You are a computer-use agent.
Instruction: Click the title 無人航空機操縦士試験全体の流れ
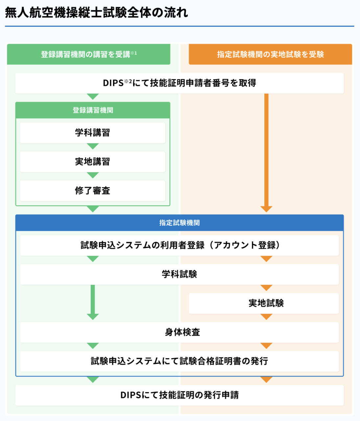96,12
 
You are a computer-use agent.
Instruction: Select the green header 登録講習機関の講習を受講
88,54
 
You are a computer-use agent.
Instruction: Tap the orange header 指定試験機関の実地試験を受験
270,54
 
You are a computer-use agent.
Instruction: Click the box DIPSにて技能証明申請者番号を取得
180,83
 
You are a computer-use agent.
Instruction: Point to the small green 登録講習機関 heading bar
93,110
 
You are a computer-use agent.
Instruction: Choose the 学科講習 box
93,133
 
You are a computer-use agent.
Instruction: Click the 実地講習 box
93,162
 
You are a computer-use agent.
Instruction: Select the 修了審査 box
93,191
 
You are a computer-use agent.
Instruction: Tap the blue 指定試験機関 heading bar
180,223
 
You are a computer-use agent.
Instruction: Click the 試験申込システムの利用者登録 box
180,245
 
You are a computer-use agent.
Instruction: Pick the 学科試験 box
180,274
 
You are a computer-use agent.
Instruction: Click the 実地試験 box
264,303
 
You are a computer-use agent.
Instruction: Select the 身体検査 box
180,332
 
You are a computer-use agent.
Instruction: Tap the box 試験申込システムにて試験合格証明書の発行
180,361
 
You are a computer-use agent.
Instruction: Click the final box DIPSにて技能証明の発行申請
180,395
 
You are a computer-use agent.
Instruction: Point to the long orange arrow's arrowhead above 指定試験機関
266,209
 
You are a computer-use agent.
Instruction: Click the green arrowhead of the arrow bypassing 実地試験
93,316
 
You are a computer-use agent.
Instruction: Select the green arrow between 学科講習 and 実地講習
93,146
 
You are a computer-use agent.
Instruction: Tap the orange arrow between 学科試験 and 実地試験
266,287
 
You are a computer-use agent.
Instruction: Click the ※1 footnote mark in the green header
133,53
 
